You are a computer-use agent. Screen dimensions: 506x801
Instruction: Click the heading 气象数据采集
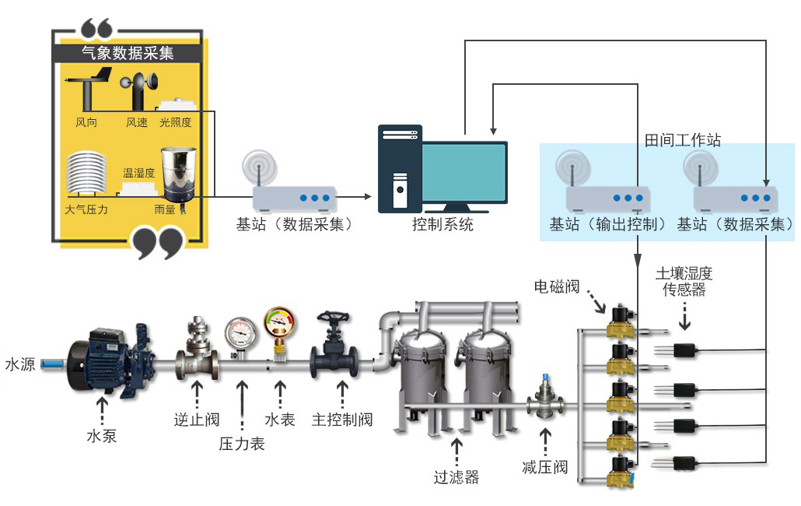point(128,53)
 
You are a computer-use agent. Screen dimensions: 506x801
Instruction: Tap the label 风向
point(86,122)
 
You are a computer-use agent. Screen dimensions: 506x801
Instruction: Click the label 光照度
point(175,122)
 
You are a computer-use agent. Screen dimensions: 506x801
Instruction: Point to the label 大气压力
point(86,209)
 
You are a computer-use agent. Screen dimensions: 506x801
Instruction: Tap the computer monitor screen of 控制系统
point(463,173)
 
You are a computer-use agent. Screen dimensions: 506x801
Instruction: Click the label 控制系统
point(442,225)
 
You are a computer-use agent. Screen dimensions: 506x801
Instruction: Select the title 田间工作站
point(683,140)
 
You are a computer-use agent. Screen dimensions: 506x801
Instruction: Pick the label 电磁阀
point(556,286)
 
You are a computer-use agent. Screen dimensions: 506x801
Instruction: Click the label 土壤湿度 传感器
point(684,282)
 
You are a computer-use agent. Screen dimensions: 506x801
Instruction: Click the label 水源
point(19,364)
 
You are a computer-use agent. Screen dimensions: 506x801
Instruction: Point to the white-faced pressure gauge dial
point(241,332)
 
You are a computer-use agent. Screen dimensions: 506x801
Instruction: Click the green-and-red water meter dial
point(279,322)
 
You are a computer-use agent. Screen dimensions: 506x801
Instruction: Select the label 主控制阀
point(342,420)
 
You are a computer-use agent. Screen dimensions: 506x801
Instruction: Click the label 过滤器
point(456,476)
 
